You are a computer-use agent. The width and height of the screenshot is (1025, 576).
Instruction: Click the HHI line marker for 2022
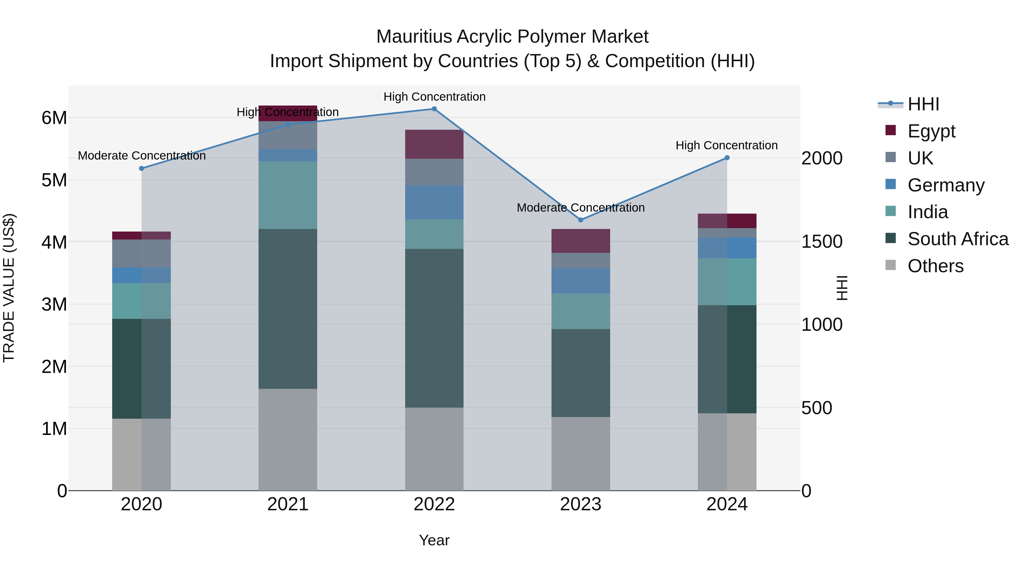(x=434, y=109)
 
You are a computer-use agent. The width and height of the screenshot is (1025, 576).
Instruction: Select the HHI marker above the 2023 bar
(x=581, y=220)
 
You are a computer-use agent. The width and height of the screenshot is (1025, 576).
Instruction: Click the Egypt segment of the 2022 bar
(x=434, y=144)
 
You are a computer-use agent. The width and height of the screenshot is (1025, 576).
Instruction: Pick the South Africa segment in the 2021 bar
(x=288, y=309)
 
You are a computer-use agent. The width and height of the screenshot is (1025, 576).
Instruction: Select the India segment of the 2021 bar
(x=288, y=195)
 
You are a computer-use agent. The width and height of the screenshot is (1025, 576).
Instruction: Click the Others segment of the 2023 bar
(x=581, y=454)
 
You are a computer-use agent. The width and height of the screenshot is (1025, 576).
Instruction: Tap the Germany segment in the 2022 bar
(x=434, y=202)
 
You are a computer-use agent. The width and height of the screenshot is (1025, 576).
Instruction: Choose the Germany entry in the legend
(x=946, y=185)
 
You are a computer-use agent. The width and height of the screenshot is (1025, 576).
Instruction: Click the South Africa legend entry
(x=958, y=239)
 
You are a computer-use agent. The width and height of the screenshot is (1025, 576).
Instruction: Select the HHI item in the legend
(x=923, y=104)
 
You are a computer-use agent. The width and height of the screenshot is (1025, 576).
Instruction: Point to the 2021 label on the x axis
(x=288, y=504)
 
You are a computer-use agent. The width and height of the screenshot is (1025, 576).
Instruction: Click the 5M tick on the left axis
(x=54, y=180)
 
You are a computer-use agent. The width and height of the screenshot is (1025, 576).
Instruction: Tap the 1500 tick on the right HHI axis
(x=822, y=242)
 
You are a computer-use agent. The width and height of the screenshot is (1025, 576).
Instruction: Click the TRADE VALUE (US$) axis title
(x=9, y=288)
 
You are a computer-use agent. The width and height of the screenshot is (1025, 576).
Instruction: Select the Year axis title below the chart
(x=434, y=540)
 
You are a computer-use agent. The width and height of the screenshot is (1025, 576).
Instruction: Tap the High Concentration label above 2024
(x=727, y=145)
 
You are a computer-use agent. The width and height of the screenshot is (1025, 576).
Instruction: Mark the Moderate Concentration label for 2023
(x=581, y=208)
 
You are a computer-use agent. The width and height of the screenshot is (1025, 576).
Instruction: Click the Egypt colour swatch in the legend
(x=891, y=130)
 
